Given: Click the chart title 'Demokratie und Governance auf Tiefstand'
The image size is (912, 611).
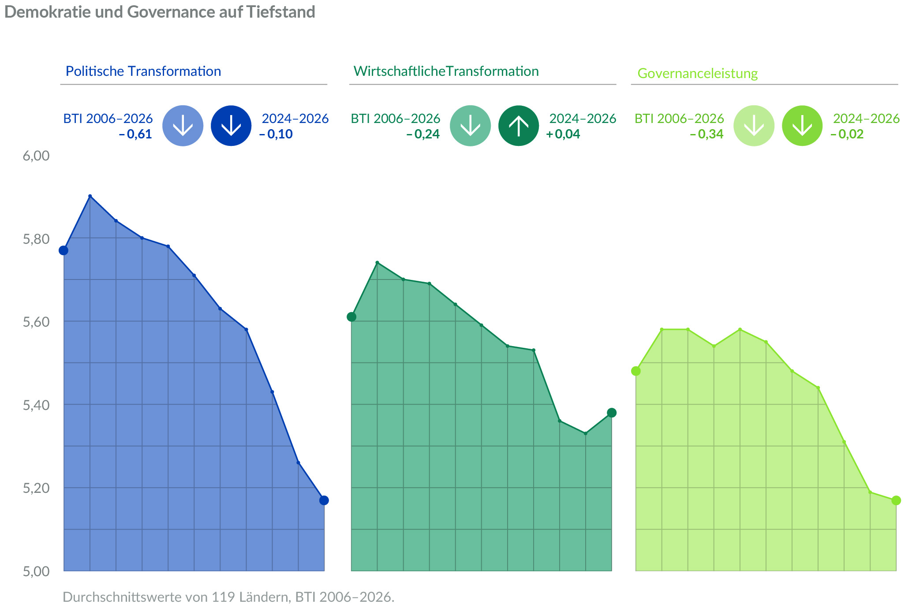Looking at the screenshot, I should tap(160, 12).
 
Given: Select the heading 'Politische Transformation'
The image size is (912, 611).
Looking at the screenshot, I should tap(143, 71).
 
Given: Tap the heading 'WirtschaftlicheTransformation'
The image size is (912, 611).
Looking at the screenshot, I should tap(446, 71).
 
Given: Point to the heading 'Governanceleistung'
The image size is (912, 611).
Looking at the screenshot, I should tap(697, 73).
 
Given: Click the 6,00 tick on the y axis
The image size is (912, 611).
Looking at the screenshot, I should tap(36, 156).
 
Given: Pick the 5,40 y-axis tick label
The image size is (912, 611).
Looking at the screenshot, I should tap(36, 405).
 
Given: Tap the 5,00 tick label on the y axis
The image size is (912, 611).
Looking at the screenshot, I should tap(36, 571).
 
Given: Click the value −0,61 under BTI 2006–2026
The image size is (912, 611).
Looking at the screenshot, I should tap(135, 134).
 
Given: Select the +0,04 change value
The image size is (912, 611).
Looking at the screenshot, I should tap(563, 134).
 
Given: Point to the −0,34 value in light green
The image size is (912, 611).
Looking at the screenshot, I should tap(707, 134).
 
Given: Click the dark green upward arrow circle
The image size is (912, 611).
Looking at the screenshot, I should tap(519, 126).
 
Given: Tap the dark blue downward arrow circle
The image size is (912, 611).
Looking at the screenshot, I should tap(231, 126).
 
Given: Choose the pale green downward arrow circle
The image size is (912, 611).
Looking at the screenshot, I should tap(754, 126).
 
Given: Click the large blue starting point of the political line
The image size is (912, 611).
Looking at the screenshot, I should tap(64, 250).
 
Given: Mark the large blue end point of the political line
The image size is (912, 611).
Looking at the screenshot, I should tap(324, 500).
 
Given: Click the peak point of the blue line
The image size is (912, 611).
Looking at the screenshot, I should tap(90, 196).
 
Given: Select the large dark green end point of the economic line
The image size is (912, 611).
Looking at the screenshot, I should tap(612, 413).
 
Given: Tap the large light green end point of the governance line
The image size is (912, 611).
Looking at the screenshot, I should tap(896, 500).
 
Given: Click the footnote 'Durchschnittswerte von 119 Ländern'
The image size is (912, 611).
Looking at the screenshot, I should tap(228, 597).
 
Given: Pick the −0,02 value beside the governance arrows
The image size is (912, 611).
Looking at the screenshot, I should tap(847, 134).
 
